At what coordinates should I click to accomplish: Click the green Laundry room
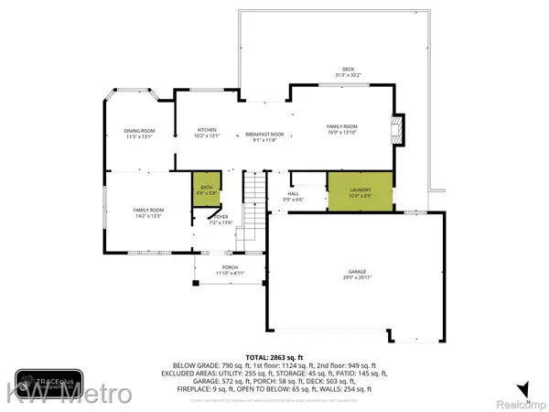(360, 191)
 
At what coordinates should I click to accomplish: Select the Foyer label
(221, 220)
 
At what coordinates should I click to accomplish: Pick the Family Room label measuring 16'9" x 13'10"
(342, 130)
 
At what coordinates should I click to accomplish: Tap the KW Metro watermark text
(69, 395)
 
